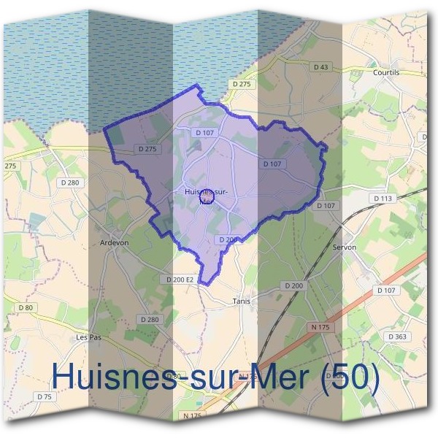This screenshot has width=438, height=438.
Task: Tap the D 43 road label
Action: [x=322, y=66]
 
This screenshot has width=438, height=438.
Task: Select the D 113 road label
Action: [x=383, y=198]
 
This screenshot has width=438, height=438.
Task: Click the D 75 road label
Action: [x=45, y=396]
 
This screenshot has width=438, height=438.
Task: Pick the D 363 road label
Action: [x=398, y=337]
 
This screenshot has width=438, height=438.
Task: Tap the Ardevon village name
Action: [x=113, y=243]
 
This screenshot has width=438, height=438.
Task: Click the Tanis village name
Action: [x=240, y=300]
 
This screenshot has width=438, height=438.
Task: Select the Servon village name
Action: [x=344, y=247]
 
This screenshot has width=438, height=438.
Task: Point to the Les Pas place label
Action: [x=88, y=337]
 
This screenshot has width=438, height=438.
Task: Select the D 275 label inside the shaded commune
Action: [x=147, y=149]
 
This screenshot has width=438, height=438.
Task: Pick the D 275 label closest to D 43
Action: [x=242, y=85]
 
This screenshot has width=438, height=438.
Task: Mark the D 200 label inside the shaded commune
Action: [x=228, y=239]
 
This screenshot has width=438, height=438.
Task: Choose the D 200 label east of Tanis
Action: [x=293, y=285]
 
